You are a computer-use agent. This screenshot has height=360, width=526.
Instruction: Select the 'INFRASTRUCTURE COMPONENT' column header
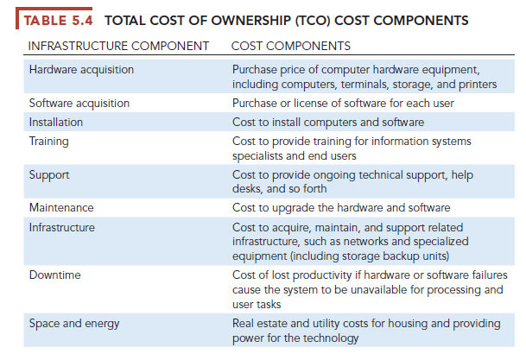[119, 44]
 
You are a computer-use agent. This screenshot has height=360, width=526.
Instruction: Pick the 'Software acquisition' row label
[79, 104]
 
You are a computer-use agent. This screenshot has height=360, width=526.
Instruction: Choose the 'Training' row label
[49, 141]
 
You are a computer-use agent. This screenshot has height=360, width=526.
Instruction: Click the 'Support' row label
[48, 174]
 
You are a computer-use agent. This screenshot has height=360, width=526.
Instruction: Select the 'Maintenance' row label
[60, 209]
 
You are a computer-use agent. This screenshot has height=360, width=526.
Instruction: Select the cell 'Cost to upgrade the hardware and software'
[340, 209]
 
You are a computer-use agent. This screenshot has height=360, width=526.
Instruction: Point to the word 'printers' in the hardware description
[476, 84]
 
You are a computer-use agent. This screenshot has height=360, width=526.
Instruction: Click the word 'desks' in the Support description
[249, 190]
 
